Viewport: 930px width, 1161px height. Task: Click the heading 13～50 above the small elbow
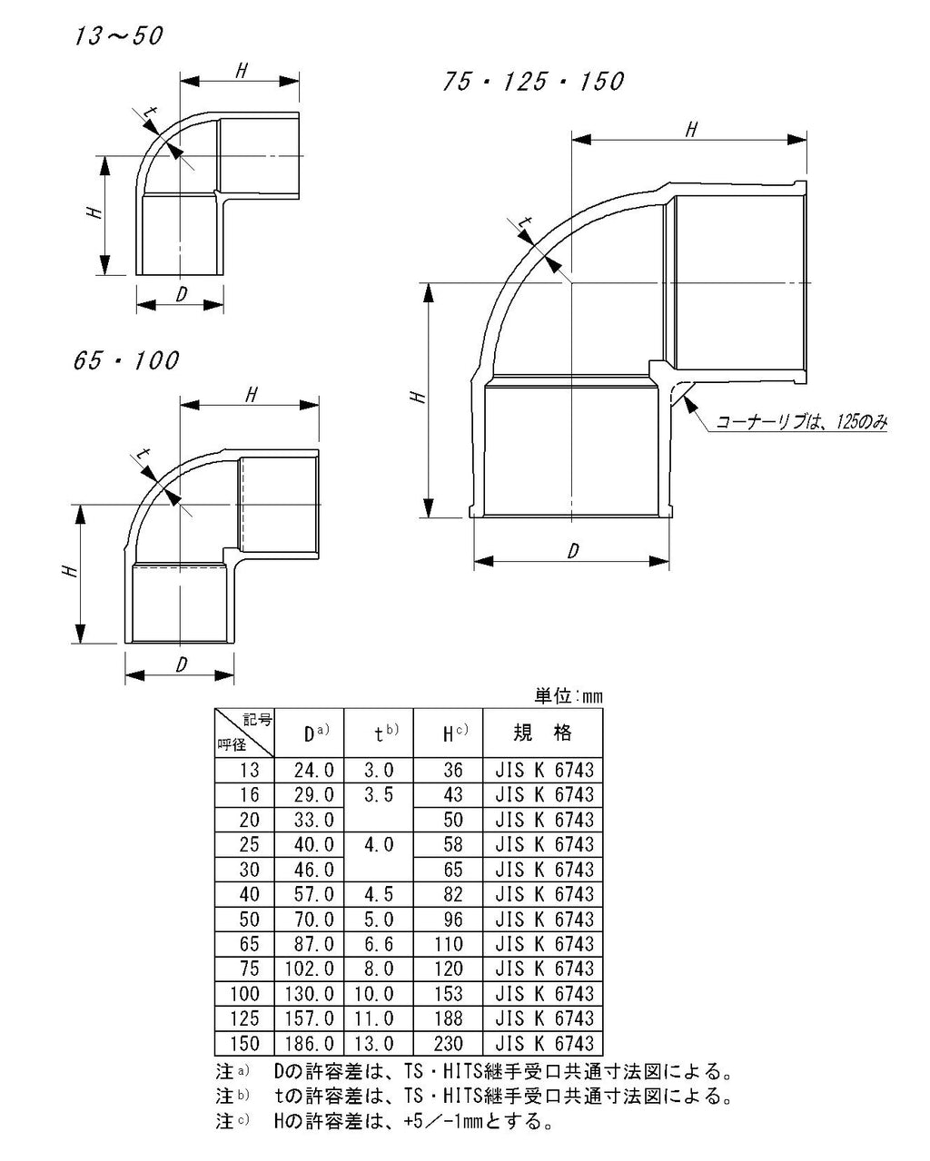(x=118, y=36)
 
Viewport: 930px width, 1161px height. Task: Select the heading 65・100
(x=125, y=360)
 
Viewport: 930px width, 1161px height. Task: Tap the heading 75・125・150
(x=533, y=82)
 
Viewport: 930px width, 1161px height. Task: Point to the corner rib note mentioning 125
(x=801, y=422)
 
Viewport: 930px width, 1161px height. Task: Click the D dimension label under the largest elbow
(x=573, y=550)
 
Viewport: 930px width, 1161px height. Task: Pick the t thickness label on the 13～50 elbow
(x=152, y=113)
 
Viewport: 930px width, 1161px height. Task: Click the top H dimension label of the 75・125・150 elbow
(x=691, y=130)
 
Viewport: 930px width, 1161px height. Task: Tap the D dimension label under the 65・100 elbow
(x=182, y=664)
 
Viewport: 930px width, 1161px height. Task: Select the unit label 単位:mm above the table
(x=568, y=696)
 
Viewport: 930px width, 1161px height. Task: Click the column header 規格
(x=542, y=733)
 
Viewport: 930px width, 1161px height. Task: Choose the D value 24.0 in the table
(x=313, y=770)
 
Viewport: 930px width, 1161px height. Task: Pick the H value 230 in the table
(x=448, y=1044)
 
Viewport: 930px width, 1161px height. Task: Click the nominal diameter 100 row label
(x=244, y=994)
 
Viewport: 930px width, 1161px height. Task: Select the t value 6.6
(x=379, y=944)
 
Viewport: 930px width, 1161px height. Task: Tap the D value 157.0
(x=310, y=1018)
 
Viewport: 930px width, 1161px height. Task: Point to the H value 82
(x=453, y=894)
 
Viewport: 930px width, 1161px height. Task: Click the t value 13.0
(x=373, y=1044)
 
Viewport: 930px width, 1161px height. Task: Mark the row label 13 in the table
(x=250, y=770)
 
